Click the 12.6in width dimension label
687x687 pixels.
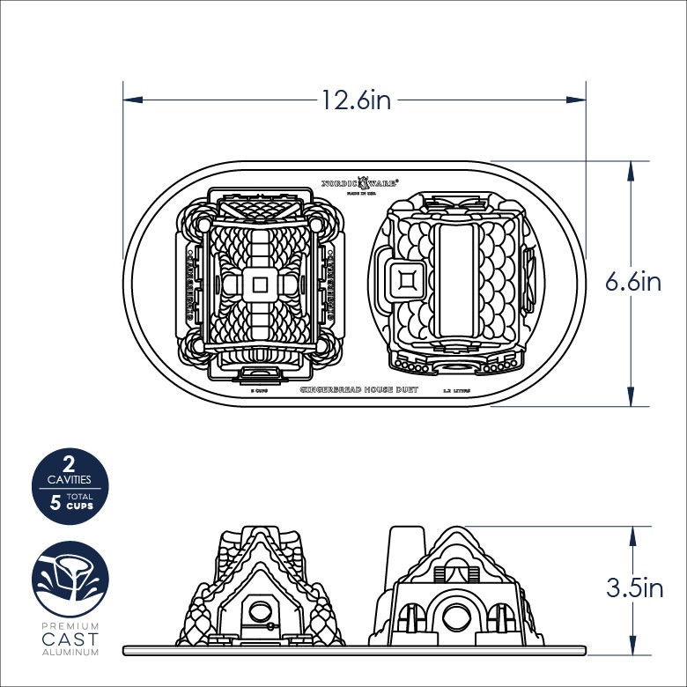coord(355,100)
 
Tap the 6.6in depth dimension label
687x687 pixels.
coord(632,282)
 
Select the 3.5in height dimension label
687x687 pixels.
coord(634,587)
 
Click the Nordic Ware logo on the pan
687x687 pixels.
coord(359,183)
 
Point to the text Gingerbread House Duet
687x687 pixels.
coord(358,388)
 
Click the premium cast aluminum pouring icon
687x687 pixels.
coord(67,579)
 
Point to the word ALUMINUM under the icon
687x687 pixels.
coord(68,653)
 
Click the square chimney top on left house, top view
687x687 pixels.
coord(260,284)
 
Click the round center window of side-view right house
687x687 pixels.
coord(456,616)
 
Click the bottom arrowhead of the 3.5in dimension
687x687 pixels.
coord(632,646)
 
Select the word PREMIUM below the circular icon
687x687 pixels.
coord(68,626)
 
